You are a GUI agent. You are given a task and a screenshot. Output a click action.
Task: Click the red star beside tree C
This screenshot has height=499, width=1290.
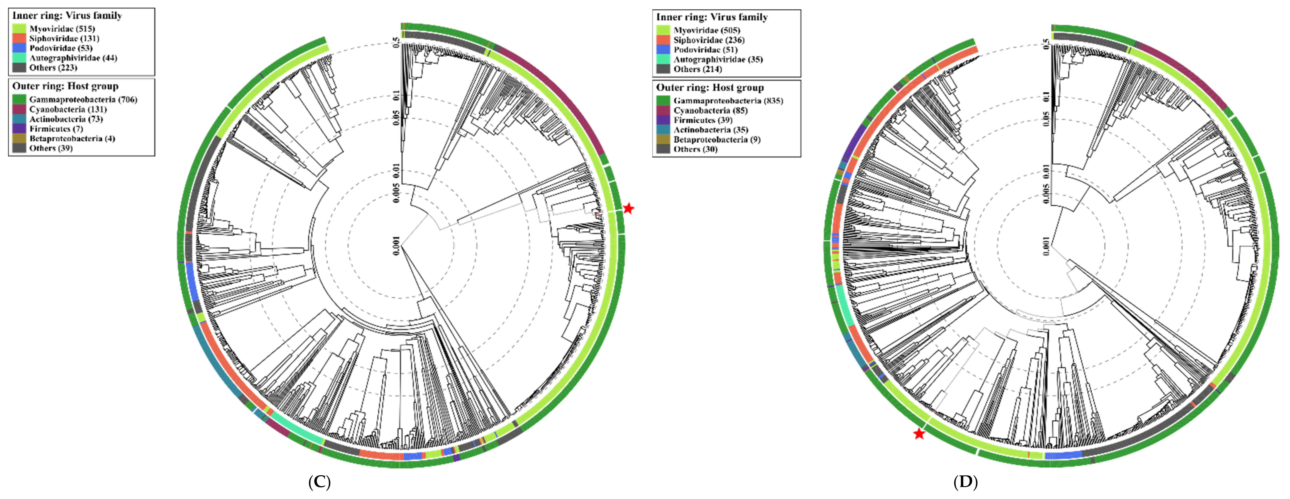pos(628,208)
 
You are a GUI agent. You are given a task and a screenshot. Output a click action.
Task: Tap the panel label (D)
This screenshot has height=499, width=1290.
pos(966,482)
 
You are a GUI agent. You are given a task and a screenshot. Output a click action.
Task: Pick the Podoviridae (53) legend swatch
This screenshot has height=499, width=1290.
pos(19,48)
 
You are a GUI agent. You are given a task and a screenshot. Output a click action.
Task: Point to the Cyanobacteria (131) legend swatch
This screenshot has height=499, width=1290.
pos(19,109)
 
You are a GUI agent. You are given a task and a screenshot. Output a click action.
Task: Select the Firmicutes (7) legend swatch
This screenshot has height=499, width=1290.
pos(19,129)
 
